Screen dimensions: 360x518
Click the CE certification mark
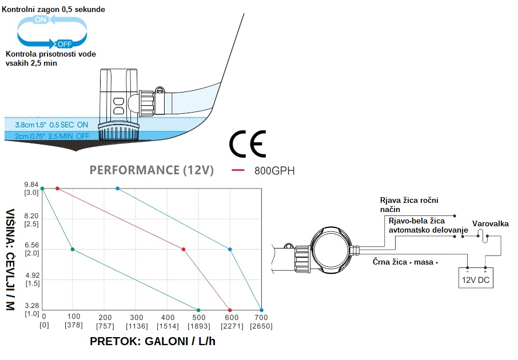248,145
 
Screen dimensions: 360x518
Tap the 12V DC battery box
476,280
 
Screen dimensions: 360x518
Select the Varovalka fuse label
490,224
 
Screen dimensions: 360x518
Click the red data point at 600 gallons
230,310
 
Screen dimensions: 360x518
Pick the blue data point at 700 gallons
261,310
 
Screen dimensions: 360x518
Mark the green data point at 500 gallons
198,310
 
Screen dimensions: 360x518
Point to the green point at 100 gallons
72,249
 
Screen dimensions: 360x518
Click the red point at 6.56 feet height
183,249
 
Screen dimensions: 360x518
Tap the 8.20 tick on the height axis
31,216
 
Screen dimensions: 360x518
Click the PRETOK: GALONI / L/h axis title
153,341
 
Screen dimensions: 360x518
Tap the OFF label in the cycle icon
64,43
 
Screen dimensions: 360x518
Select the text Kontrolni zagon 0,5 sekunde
54,10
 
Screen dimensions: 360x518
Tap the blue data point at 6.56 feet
230,249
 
